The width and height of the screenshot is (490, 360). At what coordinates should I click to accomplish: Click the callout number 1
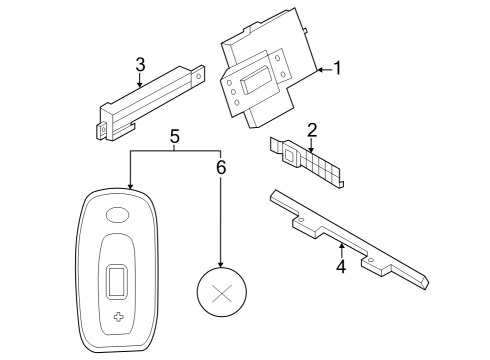(x=337, y=68)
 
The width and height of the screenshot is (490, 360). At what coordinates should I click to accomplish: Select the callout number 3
(x=141, y=65)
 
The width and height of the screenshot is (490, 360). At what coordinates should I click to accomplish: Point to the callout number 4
(x=340, y=267)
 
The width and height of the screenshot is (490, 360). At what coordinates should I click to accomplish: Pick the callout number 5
(x=175, y=136)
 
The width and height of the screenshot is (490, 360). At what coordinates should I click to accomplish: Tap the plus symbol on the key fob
(x=120, y=317)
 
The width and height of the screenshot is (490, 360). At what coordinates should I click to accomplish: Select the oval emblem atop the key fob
(x=118, y=213)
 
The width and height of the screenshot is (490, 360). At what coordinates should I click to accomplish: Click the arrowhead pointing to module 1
(x=318, y=69)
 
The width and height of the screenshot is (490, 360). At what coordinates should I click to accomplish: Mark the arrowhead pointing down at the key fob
(x=129, y=185)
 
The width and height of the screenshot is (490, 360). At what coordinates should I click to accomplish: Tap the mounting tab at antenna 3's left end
(x=101, y=128)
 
